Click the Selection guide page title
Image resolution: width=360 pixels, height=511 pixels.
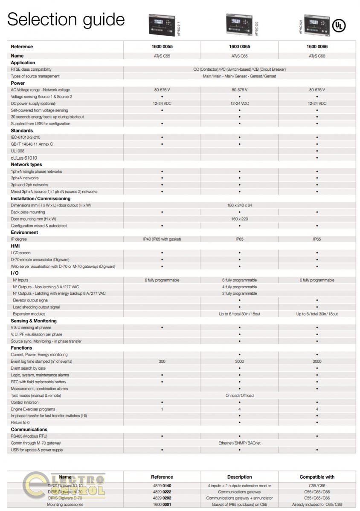click(x=66, y=20)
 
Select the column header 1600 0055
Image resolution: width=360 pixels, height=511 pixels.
click(x=162, y=47)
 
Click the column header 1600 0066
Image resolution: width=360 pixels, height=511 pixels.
click(x=317, y=47)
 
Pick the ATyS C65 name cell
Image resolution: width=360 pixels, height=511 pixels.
click(x=239, y=56)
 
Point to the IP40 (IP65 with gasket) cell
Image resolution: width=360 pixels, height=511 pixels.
click(x=162, y=239)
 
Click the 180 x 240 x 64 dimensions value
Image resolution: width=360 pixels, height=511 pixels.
click(x=239, y=205)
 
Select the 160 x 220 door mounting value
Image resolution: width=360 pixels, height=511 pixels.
click(x=239, y=219)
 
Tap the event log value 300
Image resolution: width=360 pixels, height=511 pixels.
click(x=162, y=362)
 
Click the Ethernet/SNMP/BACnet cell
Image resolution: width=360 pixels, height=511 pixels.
click(x=239, y=443)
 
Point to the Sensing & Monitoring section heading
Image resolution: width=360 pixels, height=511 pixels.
click(x=34, y=321)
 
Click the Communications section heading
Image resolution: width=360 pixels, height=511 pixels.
click(x=29, y=430)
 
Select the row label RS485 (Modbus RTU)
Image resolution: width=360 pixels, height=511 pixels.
click(x=29, y=436)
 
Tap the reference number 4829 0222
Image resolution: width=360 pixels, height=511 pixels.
click(x=162, y=492)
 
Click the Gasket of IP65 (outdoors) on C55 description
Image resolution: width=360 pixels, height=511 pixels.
click(x=239, y=505)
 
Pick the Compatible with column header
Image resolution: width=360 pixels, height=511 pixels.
click(x=317, y=477)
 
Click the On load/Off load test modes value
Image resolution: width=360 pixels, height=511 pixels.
click(x=239, y=396)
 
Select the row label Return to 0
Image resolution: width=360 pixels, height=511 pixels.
click(x=20, y=423)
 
